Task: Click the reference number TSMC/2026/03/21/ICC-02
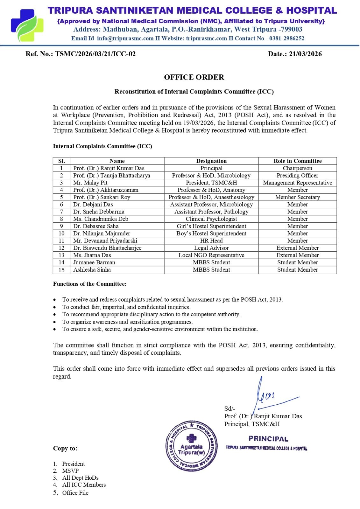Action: coord(95,54)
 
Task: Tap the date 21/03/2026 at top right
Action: coord(305,54)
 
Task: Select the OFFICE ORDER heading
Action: coord(194,77)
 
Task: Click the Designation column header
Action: coord(211,161)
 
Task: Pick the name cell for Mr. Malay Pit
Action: coord(90,183)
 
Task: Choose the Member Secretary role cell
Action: coord(297,197)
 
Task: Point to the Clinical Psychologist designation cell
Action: coord(211,219)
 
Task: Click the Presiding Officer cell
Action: coord(297,175)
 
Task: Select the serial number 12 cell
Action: coord(61,248)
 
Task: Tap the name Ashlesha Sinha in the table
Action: coord(92,270)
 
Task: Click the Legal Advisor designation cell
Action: coord(211,248)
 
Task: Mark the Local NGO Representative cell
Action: coord(211,255)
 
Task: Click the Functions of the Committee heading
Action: coord(90,284)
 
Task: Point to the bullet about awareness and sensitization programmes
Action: coord(127,322)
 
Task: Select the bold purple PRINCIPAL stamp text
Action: coord(268,439)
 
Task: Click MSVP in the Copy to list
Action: coord(70,471)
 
